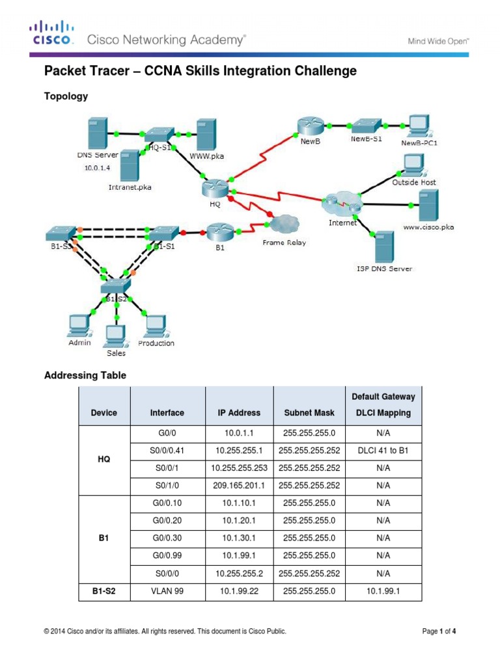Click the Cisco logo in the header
click(53, 34)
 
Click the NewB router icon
click(305, 125)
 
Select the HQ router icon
click(214, 189)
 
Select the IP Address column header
click(239, 412)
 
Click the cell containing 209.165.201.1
click(239, 485)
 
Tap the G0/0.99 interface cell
click(167, 555)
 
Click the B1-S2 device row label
click(104, 591)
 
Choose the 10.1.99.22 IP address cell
click(239, 591)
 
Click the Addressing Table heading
click(85, 375)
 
